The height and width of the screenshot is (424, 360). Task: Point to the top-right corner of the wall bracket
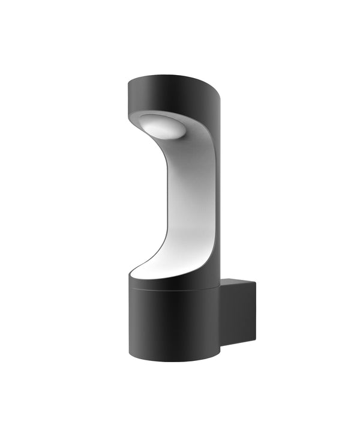pyautogui.click(x=256, y=280)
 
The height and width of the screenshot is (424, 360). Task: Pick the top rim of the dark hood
pyautogui.click(x=171, y=77)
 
